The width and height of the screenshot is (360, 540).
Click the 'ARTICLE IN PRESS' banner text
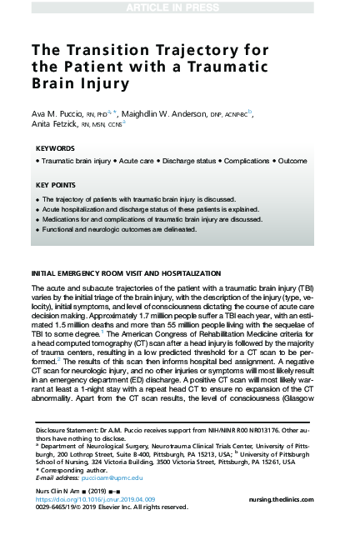pyautogui.click(x=179, y=7)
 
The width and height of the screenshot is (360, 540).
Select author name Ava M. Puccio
pyautogui.click(x=63, y=111)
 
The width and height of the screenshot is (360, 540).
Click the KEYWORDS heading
pyautogui.click(x=56, y=149)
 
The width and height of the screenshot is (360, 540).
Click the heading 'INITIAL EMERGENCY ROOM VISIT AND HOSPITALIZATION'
pyautogui.click(x=126, y=274)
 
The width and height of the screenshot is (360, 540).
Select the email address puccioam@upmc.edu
pyautogui.click(x=106, y=477)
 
